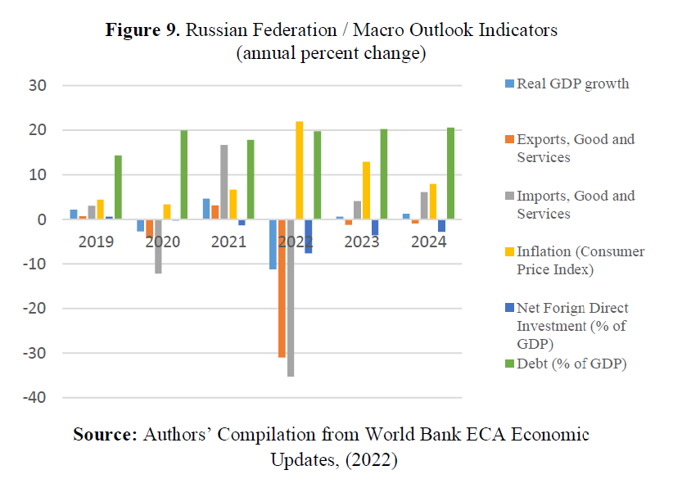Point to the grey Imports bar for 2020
158,246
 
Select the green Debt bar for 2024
450,174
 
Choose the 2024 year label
429,242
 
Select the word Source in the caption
104,434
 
